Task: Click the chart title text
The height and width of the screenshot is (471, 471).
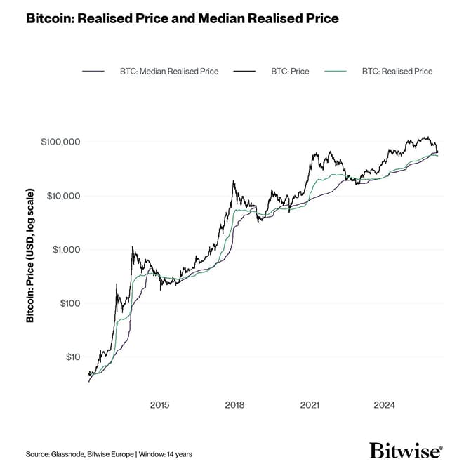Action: coord(182,19)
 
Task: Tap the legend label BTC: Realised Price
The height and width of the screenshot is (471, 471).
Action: coord(397,72)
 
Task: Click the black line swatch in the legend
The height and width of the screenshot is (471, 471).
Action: coord(245,72)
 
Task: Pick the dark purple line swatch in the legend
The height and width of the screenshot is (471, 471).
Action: coord(93,72)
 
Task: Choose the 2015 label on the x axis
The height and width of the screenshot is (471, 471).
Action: coord(160,405)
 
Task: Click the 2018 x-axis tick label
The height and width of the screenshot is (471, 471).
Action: coord(234,405)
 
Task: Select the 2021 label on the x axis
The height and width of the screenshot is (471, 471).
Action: coord(310,405)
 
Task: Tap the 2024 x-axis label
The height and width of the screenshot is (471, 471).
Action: coord(385,405)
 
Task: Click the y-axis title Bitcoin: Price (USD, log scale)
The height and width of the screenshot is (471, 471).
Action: coord(30,255)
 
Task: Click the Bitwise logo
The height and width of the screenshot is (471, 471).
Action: coord(406,451)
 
